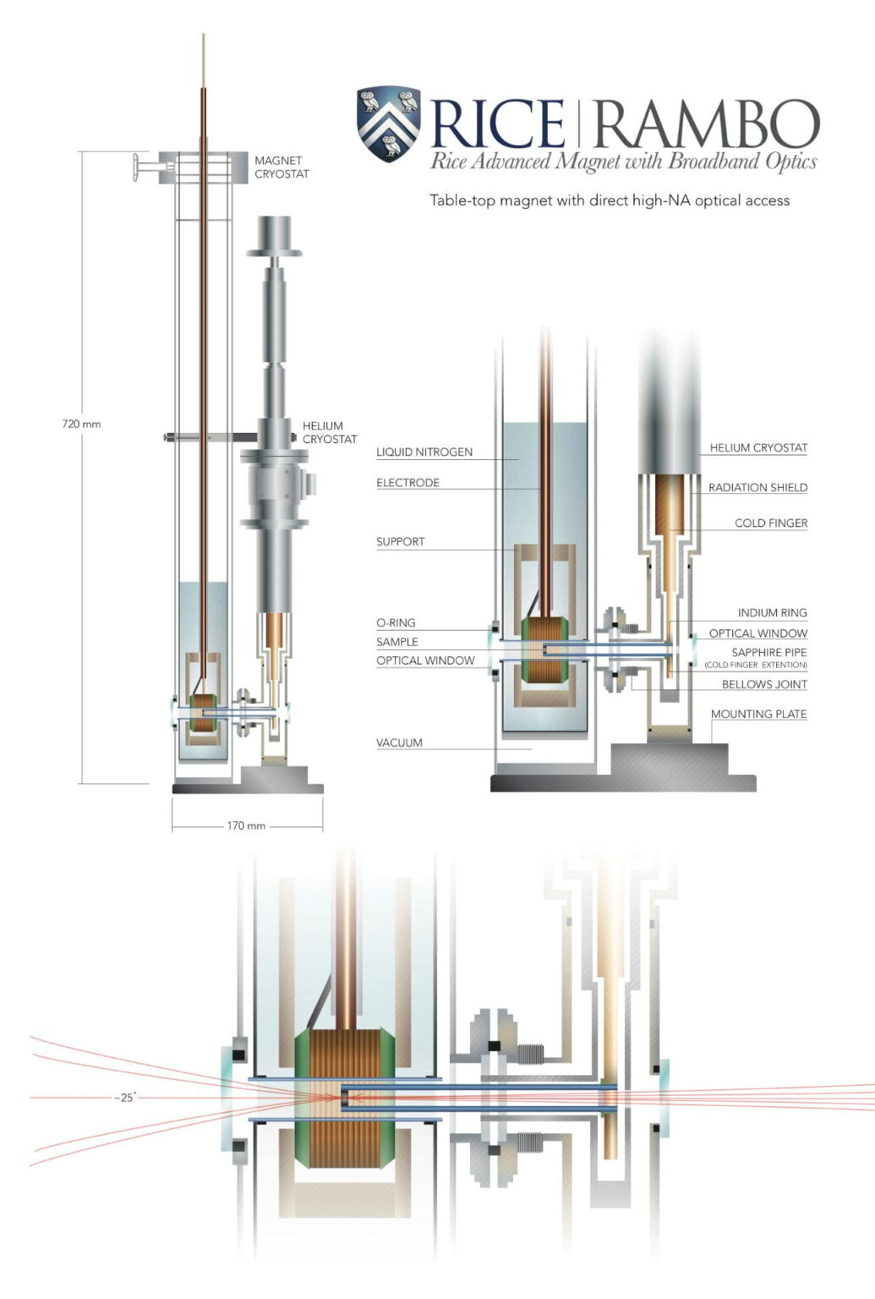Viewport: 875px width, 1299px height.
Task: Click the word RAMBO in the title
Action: [706, 124]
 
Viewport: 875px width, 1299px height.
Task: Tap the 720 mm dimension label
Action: [81, 424]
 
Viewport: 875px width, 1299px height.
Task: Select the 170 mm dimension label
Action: [246, 825]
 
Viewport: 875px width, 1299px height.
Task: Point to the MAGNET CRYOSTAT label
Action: [282, 167]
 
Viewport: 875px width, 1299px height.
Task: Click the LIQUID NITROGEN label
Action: [424, 452]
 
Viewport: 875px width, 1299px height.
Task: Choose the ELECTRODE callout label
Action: [407, 483]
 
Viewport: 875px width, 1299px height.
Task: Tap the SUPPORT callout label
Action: [400, 542]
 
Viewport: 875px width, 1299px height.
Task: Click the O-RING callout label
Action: [396, 623]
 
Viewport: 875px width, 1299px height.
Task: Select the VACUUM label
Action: [399, 743]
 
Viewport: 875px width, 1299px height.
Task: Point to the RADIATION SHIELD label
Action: [757, 488]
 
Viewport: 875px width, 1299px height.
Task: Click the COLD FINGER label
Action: [770, 523]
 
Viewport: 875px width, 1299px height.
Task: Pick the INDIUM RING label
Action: [772, 613]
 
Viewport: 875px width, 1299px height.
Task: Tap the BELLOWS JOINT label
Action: [764, 685]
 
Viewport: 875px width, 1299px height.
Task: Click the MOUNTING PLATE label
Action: [758, 715]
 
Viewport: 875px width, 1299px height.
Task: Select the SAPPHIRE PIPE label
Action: [768, 653]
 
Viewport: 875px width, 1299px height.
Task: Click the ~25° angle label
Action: [125, 1098]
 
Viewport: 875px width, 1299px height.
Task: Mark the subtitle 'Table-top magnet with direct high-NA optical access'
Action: [609, 201]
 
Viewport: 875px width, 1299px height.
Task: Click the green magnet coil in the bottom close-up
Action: [304, 1099]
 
